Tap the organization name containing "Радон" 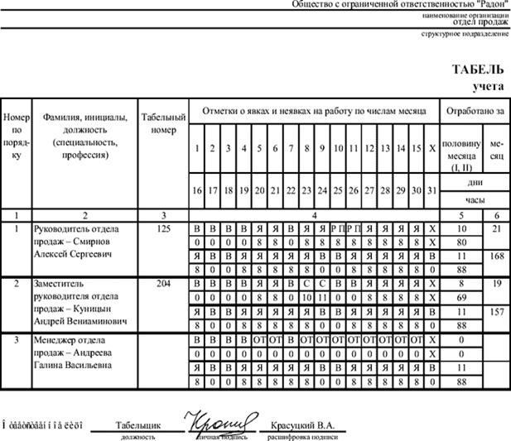[x=401, y=5]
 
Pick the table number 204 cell [x=162, y=283]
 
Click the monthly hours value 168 [x=497, y=256]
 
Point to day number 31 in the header [x=431, y=190]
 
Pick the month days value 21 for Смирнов [x=497, y=228]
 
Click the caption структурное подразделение [x=464, y=33]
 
